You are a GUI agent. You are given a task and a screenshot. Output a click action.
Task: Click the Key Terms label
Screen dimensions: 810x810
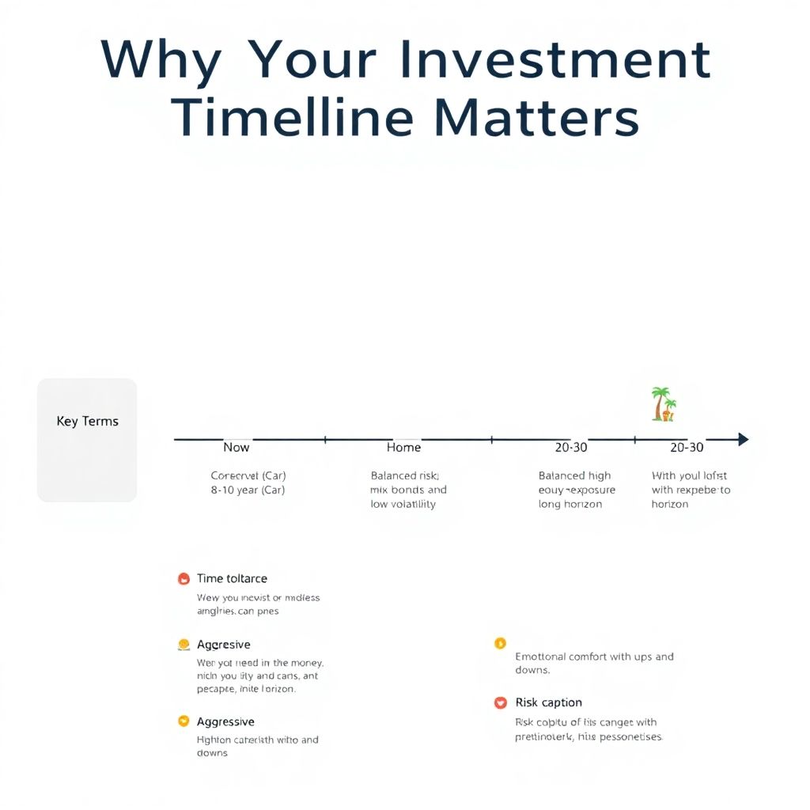click(88, 421)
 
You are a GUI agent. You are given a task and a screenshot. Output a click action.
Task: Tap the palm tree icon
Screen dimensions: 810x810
click(663, 404)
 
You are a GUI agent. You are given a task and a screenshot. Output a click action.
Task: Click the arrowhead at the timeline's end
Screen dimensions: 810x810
click(742, 439)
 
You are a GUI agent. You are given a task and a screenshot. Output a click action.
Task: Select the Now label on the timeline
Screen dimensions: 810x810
click(236, 448)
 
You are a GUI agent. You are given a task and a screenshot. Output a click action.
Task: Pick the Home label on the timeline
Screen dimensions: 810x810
click(403, 448)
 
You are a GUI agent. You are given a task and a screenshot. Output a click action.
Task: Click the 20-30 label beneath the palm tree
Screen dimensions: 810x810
click(686, 448)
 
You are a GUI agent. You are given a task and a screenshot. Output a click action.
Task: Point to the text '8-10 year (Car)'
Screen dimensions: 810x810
click(248, 490)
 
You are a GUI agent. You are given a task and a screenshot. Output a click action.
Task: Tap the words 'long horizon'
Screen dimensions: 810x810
click(570, 505)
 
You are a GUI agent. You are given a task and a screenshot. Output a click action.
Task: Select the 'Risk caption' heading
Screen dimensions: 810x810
click(548, 702)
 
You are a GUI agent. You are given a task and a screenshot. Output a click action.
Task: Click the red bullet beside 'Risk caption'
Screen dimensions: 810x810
click(500, 702)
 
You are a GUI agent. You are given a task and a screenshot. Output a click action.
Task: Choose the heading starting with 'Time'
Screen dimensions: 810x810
click(232, 579)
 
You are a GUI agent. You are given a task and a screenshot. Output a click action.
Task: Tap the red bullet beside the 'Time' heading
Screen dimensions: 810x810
click(184, 579)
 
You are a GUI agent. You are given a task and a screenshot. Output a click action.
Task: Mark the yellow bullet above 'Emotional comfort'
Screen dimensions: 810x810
click(500, 643)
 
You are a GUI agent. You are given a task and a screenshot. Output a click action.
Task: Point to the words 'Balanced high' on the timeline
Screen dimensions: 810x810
click(574, 476)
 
